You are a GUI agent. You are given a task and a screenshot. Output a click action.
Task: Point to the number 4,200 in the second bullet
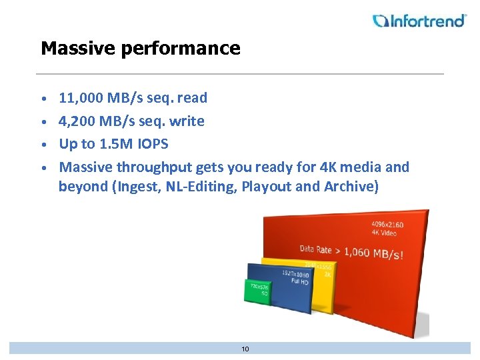(77, 121)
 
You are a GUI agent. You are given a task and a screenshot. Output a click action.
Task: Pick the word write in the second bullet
(188, 121)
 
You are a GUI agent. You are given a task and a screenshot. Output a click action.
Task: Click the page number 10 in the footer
(245, 349)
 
